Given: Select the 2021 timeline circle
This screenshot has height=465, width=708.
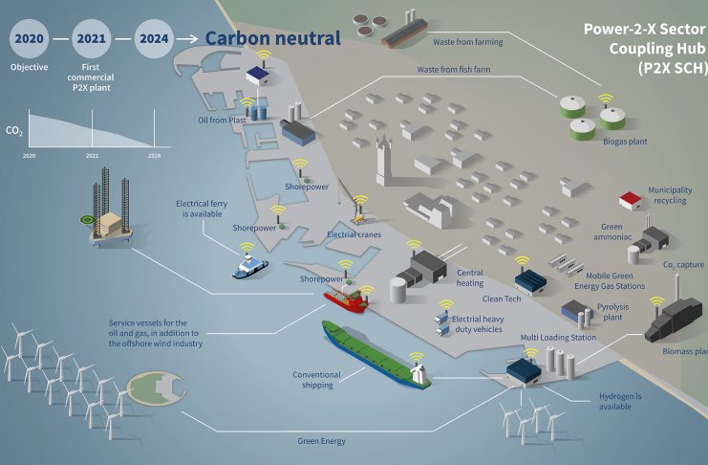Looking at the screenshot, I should [92, 39].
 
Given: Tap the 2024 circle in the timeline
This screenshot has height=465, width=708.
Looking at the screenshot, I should [155, 39].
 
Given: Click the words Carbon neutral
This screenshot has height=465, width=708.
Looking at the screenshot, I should [272, 39].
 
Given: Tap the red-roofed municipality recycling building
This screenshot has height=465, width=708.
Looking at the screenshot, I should [630, 200].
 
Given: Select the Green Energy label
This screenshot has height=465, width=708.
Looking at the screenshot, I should [319, 441].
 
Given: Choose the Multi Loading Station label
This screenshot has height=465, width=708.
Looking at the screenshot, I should [559, 338].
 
